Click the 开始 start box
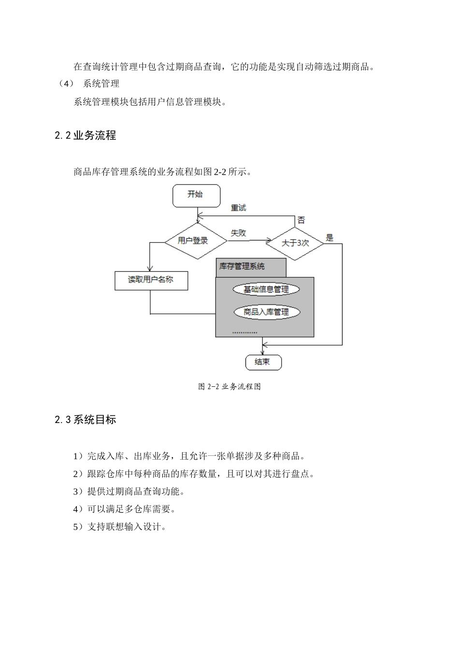pos(196,196)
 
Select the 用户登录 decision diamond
pos(196,241)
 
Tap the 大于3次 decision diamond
pos(295,244)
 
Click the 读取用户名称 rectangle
pos(151,281)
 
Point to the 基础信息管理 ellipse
pos(266,289)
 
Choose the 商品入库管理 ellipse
pos(267,312)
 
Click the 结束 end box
pos(263,362)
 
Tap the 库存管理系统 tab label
pos(242,267)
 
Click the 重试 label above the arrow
pos(238,208)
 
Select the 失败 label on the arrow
pos(238,233)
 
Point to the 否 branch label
pos(301,220)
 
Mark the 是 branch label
pos(330,238)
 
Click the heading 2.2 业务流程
pos(85,135)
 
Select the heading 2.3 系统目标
pos(85,420)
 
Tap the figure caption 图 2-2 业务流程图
pos(229,386)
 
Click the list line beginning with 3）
pos(129,492)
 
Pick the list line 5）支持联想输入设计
pos(120,526)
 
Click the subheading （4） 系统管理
pos(88,84)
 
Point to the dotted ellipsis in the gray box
pos(245,333)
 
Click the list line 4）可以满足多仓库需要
pos(124,509)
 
